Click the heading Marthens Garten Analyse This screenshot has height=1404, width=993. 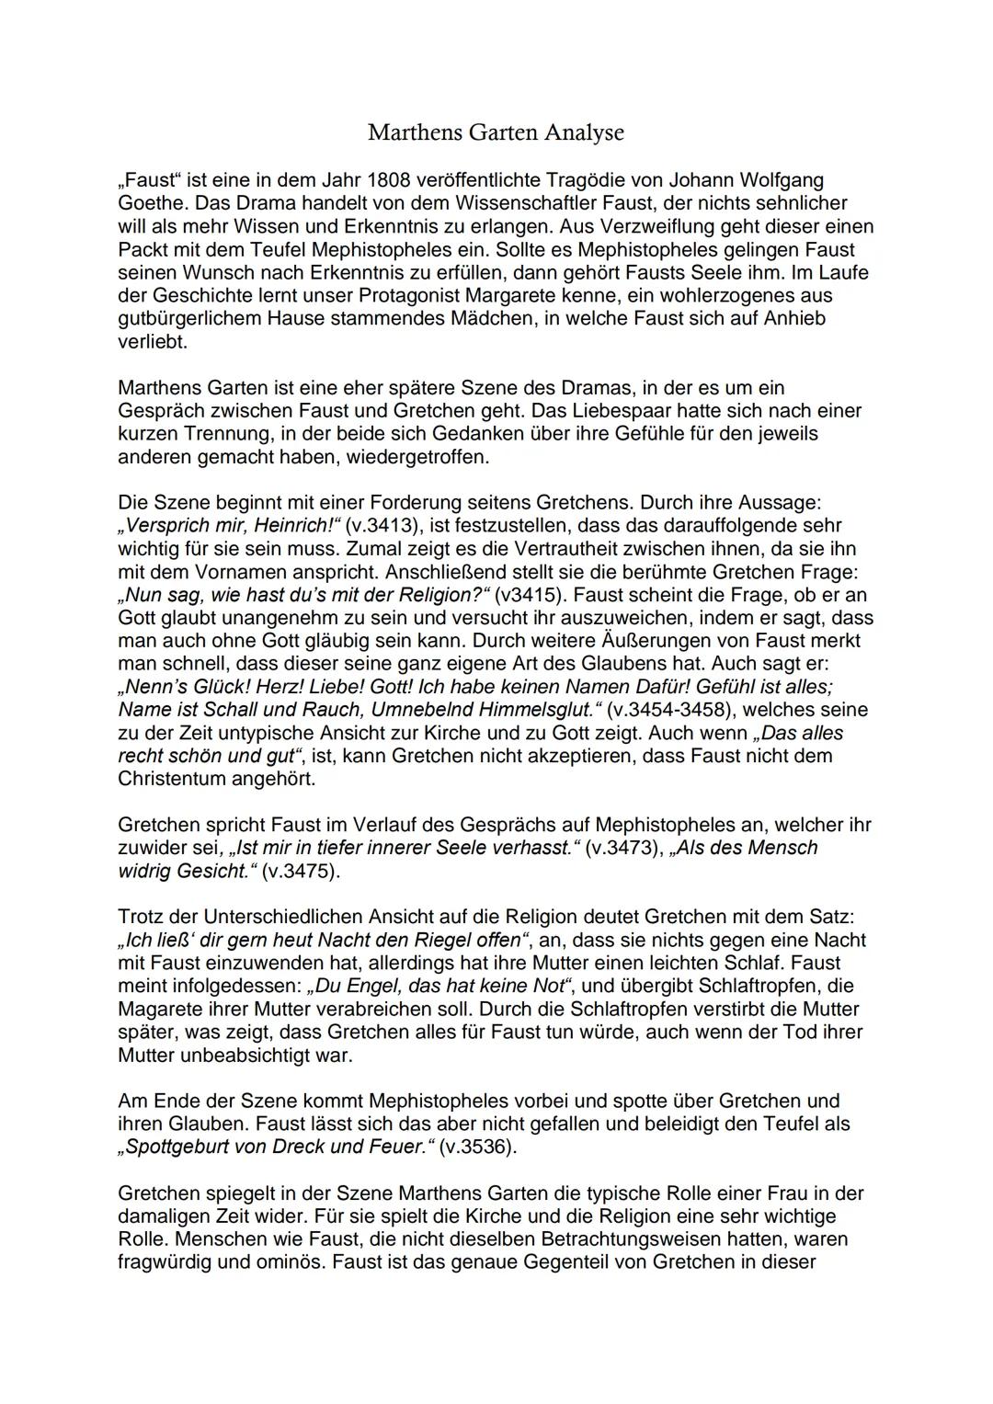(496, 132)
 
